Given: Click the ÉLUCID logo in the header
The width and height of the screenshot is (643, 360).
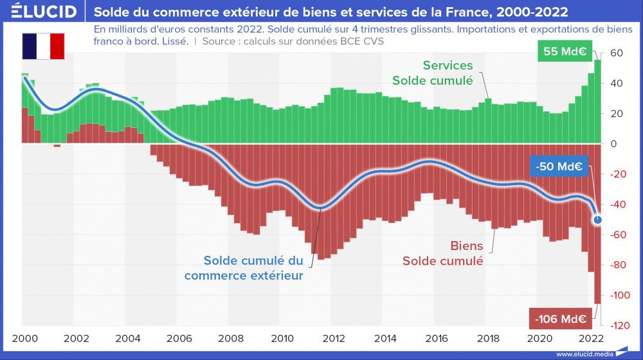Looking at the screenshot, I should point(44,12).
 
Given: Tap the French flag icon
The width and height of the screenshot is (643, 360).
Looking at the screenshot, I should point(44,46).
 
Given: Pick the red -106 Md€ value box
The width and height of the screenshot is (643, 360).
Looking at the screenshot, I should point(557,318).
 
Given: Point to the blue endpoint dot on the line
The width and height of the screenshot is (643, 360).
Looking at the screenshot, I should point(598,220).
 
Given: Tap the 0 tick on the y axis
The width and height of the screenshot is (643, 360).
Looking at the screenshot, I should point(613,144).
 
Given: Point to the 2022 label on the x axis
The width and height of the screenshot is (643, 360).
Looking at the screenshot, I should point(592,339).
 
